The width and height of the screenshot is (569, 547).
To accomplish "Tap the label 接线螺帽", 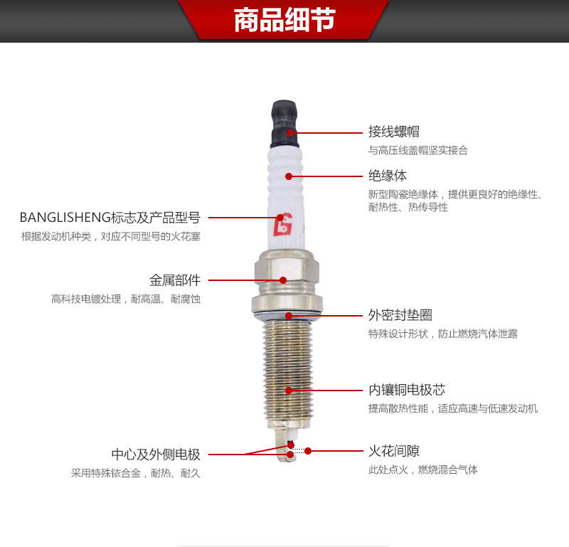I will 393,132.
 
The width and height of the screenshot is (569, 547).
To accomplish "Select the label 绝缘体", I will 388,175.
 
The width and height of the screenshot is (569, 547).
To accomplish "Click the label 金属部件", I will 175,280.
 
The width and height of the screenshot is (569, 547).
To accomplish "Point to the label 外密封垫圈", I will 400,314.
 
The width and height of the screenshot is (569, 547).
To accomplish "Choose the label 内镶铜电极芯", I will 407,390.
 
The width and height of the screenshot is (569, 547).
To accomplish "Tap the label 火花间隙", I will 393,451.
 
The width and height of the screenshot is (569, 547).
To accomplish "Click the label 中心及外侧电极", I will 156,455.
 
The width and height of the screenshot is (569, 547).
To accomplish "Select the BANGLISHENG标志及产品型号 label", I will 110,217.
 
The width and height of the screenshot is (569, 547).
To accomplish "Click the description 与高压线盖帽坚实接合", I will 418,151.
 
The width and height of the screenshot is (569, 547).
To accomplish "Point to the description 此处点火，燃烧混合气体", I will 422,469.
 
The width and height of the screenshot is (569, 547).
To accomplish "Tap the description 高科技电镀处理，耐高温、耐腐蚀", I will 126,299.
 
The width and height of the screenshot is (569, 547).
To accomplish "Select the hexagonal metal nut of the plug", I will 284,274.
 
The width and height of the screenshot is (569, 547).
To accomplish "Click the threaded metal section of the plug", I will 287,370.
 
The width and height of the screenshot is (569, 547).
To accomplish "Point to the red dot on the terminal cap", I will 290,132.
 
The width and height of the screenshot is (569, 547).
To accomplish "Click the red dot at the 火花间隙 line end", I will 308,451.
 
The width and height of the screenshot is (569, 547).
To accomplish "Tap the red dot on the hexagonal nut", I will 283,280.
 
